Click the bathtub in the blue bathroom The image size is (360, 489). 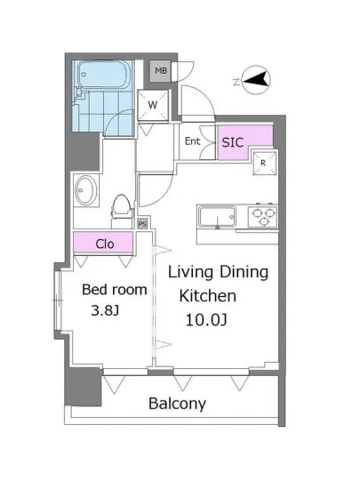[x=103, y=75]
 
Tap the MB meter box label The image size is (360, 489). [x=161, y=71]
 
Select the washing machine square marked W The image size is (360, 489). [x=153, y=105]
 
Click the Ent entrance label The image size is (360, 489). [x=192, y=141]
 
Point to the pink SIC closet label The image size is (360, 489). [x=233, y=142]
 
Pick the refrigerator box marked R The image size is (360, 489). [x=264, y=163]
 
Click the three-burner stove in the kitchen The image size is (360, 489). [x=263, y=216]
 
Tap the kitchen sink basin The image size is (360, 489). [x=217, y=216]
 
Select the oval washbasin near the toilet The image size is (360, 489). [x=85, y=190]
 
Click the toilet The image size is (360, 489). [x=121, y=211]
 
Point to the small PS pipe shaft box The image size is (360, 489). [x=142, y=223]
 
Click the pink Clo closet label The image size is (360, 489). [x=105, y=244]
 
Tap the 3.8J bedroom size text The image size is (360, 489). [x=105, y=310]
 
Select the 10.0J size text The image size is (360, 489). [x=206, y=320]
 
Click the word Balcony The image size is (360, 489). [x=178, y=404]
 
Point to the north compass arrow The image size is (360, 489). [x=256, y=79]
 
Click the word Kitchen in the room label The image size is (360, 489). [x=208, y=296]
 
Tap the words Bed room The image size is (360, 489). [x=115, y=290]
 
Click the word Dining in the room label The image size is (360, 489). [x=244, y=273]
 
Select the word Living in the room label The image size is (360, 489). [x=190, y=273]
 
